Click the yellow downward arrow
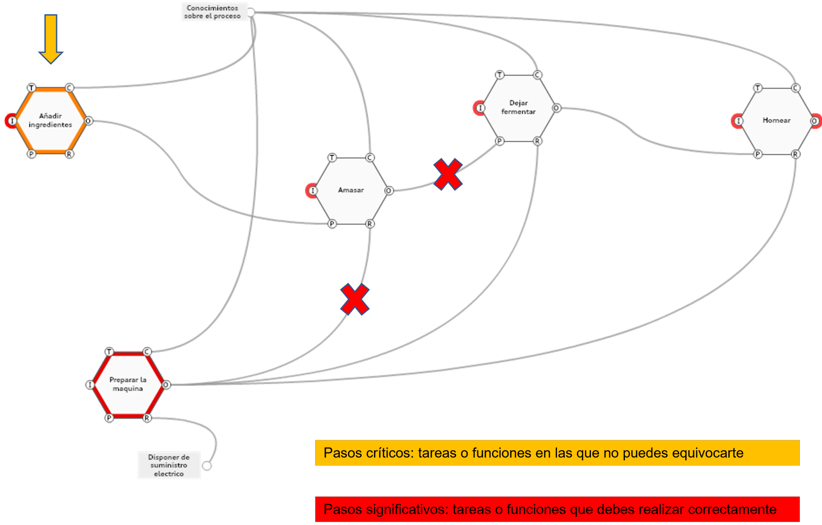pos(51,38)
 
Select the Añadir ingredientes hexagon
pos(50,121)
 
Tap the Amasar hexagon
pos(351,190)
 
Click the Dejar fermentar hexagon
pos(518,108)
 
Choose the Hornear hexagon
pos(776,121)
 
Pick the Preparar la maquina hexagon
pos(128,384)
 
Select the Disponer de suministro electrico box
pos(169,465)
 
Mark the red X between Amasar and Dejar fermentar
pos(448,174)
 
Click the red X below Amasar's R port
pos(355,299)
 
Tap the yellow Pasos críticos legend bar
pos(557,453)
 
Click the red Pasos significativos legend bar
pos(557,509)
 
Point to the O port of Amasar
pos(389,191)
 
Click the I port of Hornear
pos(739,121)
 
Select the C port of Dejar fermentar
pos(537,75)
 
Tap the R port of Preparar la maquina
pos(147,418)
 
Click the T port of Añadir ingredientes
pos(32,88)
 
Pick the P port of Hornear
pos(758,154)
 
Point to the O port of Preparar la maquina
pos(166,385)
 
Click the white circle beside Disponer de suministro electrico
pos(207,466)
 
